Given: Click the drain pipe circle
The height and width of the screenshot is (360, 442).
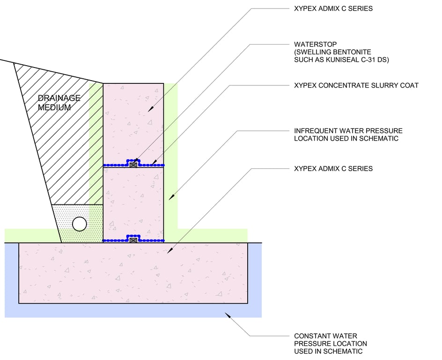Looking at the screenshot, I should [x=80, y=224].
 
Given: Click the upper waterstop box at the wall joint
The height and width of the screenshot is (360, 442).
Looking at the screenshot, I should [x=133, y=165].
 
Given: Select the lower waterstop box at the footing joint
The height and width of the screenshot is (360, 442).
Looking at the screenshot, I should [x=133, y=240].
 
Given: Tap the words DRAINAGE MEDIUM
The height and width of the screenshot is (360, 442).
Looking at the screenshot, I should [x=59, y=103].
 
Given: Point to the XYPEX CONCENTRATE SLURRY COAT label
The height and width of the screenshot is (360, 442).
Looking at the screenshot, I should [x=356, y=85].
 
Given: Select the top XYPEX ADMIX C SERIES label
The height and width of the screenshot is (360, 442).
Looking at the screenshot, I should [x=333, y=8].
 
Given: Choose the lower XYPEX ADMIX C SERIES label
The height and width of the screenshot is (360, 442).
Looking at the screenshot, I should [x=333, y=168].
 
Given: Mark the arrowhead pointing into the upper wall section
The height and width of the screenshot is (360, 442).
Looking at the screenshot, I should [x=150, y=110].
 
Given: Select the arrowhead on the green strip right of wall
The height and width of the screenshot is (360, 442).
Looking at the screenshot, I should [x=170, y=198].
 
